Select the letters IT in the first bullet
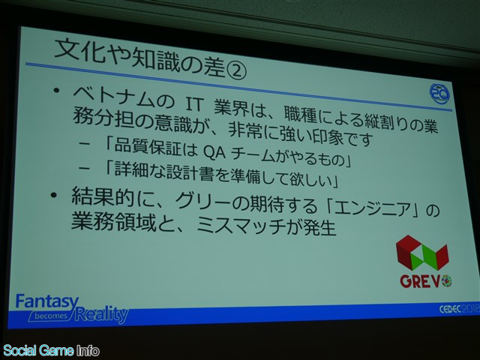pyautogui.click(x=195, y=104)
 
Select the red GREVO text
pyautogui.click(x=426, y=280)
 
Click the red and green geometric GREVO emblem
pyautogui.click(x=422, y=253)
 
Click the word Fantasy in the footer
pyautogui.click(x=46, y=302)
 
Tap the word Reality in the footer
pyautogui.click(x=101, y=313)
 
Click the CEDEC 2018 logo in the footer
pyautogui.click(x=460, y=309)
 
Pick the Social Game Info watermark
pyautogui.click(x=51, y=350)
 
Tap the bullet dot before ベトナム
pyautogui.click(x=56, y=91)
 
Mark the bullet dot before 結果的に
pyautogui.click(x=54, y=195)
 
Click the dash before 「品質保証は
pyautogui.click(x=85, y=143)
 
